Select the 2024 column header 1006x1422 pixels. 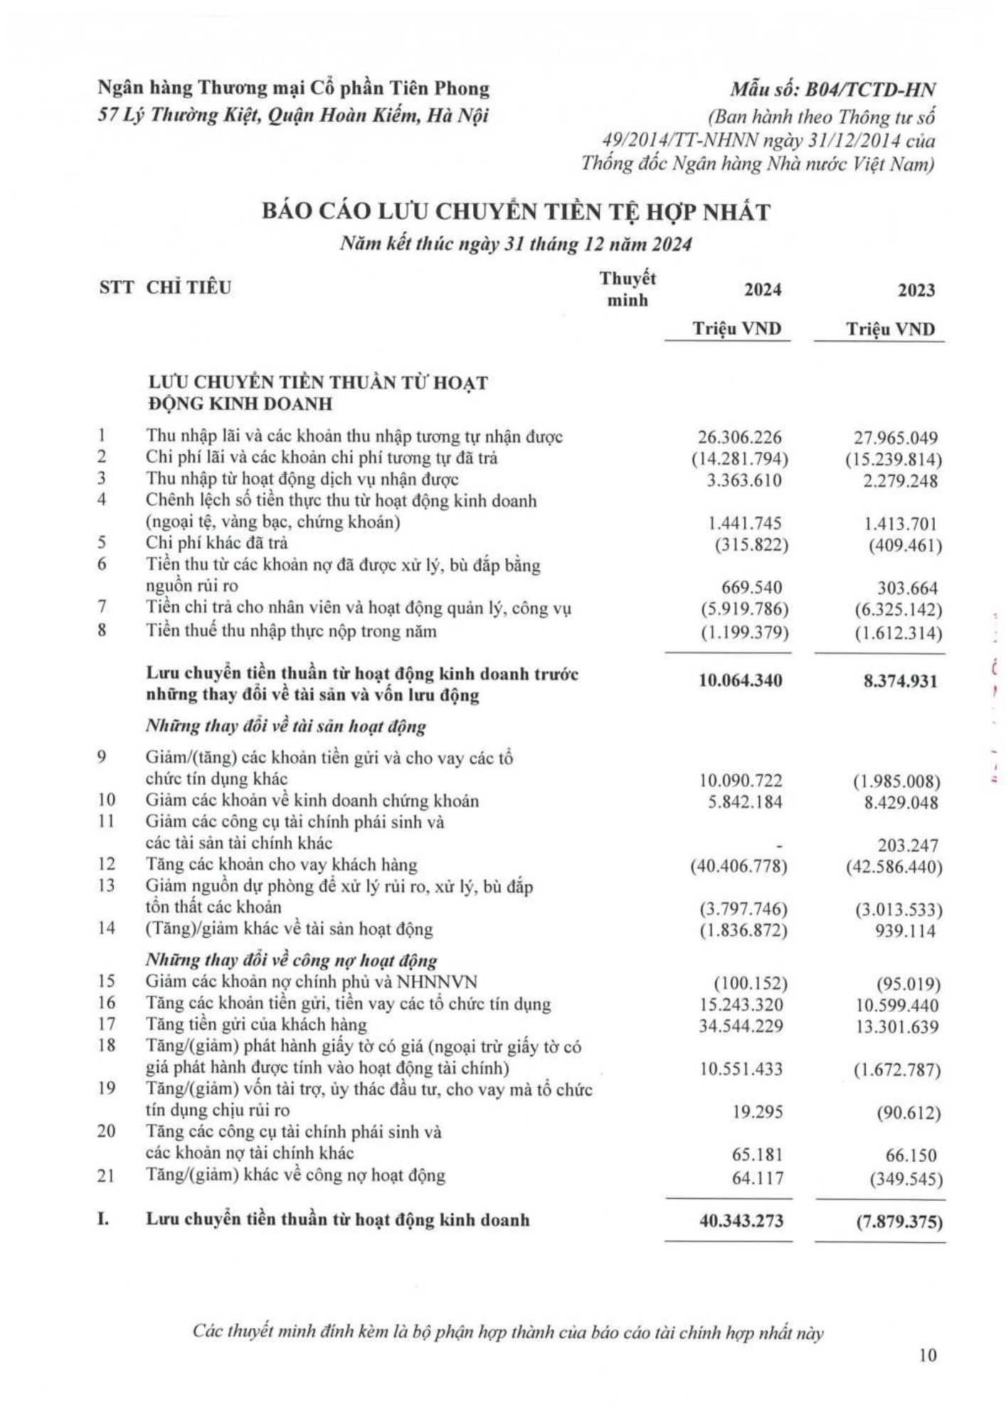(x=763, y=290)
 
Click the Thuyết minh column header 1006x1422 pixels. (x=628, y=289)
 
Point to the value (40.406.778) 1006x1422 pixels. (x=740, y=867)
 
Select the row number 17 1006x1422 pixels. (x=106, y=1025)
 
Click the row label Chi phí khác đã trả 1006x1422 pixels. (x=217, y=543)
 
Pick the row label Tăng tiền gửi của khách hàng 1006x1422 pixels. (x=257, y=1025)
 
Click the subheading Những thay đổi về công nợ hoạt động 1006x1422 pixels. (x=292, y=961)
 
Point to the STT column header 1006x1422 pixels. (x=116, y=288)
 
